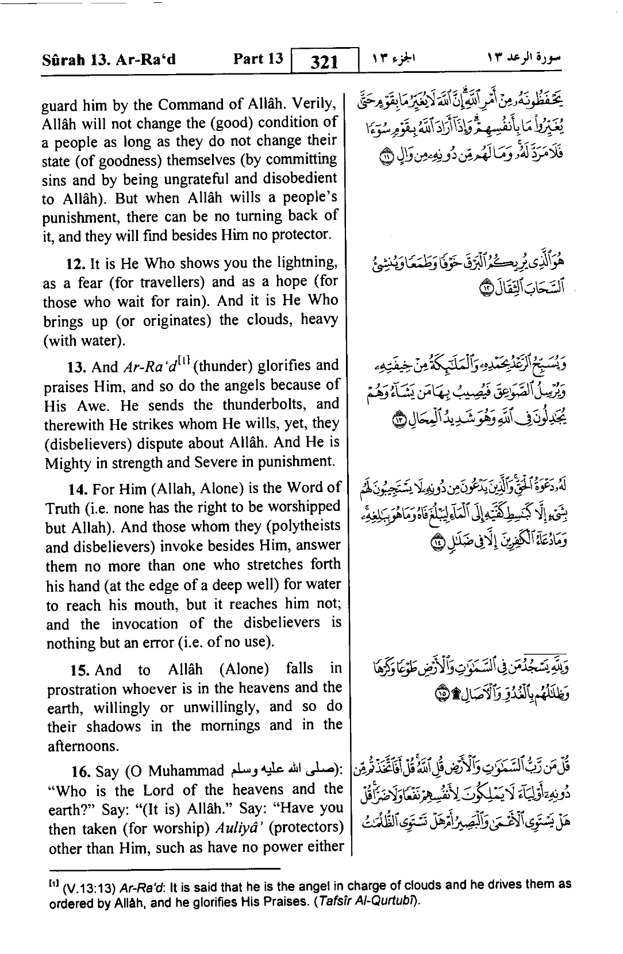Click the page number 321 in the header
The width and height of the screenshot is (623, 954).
pos(324,61)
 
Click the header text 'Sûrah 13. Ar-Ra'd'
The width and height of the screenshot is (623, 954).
pos(109,60)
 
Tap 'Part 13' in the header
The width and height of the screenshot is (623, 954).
pos(258,59)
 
